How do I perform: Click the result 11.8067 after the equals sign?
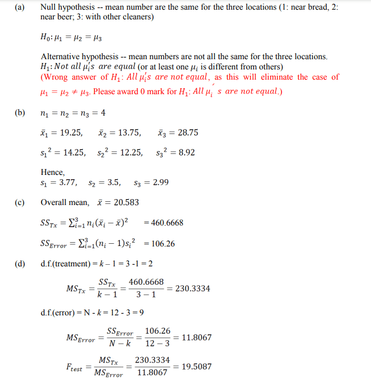click(x=197, y=337)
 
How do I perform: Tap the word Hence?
click(x=53, y=172)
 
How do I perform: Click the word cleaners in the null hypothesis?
click(x=137, y=17)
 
